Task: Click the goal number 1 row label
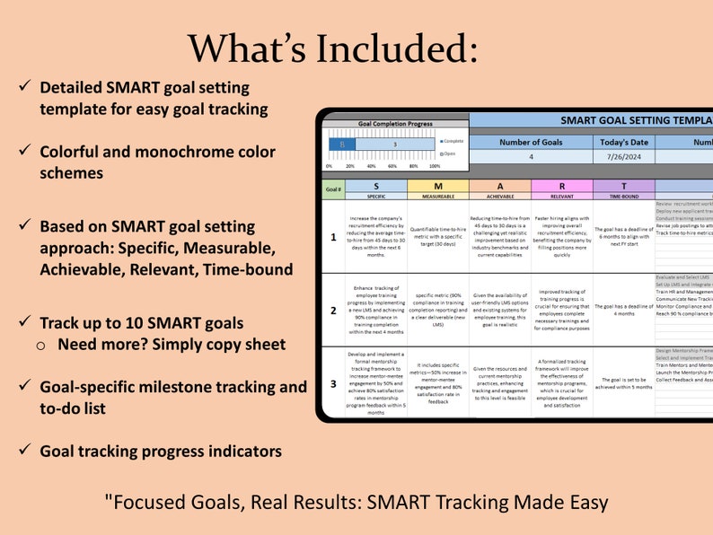coord(333,238)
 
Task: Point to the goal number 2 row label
coord(333,311)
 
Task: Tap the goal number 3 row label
coord(333,382)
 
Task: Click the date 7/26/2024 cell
coord(623,157)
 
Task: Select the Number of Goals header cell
coord(531,141)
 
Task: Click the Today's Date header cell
coord(623,141)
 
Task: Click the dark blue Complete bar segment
coord(341,144)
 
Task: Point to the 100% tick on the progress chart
coord(435,166)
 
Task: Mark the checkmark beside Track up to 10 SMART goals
coord(24,321)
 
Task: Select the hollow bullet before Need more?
coord(43,345)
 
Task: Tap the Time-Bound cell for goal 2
coord(623,311)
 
